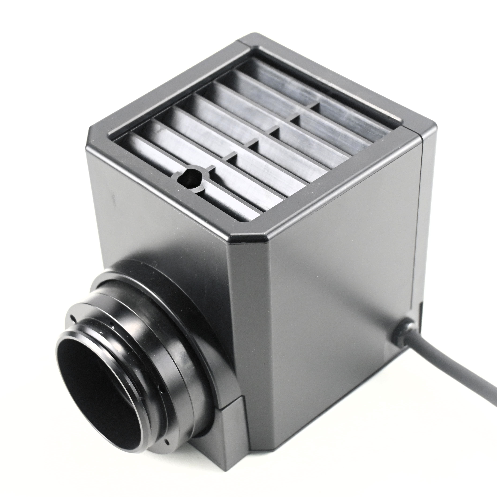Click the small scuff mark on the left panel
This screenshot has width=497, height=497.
112,197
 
